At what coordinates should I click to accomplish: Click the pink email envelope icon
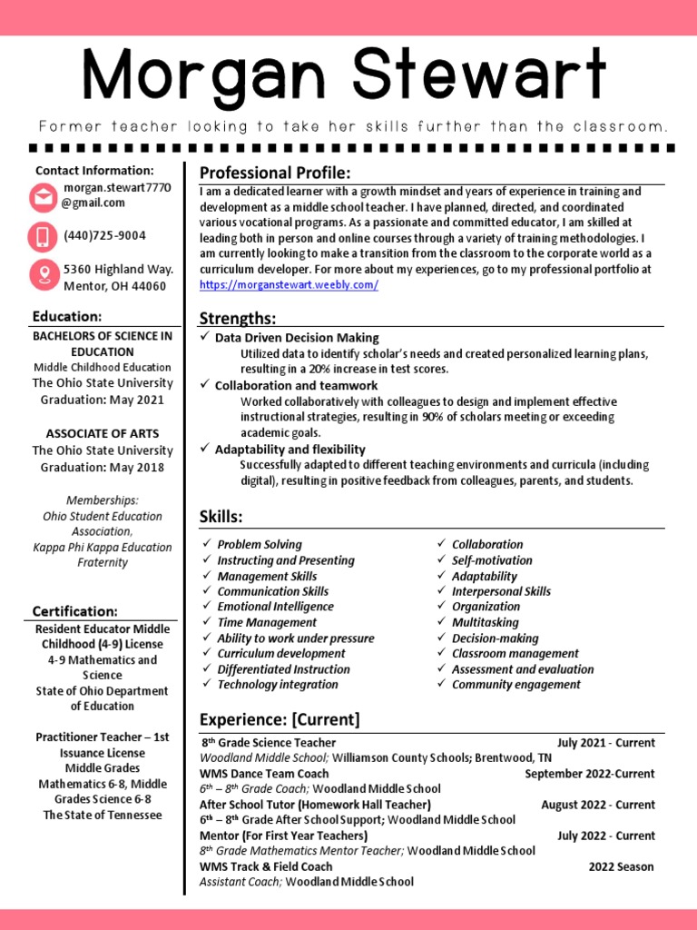(43, 196)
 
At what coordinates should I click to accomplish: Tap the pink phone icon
(43, 236)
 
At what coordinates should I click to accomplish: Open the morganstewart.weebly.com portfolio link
(289, 285)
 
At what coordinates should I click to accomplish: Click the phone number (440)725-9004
(104, 236)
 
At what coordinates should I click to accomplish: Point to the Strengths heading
(238, 318)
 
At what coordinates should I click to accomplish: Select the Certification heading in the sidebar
(75, 611)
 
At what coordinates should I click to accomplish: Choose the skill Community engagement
(515, 685)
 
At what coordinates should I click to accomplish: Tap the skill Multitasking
(486, 622)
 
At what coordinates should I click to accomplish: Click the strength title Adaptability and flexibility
(290, 450)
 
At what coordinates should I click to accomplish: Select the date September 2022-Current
(589, 774)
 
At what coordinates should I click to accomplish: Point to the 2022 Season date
(621, 866)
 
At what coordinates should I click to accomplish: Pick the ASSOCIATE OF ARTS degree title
(103, 434)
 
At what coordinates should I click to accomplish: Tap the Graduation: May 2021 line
(103, 400)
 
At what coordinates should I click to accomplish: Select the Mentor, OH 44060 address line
(114, 286)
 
